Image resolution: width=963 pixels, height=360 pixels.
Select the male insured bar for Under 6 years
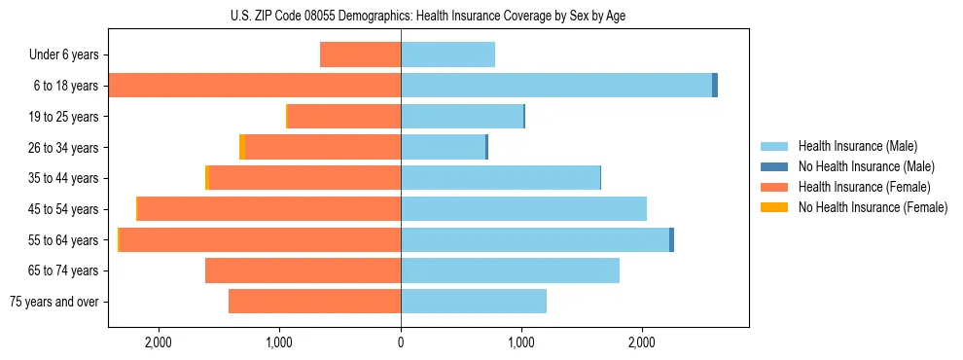(447, 54)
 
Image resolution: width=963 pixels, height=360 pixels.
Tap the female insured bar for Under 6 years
(360, 54)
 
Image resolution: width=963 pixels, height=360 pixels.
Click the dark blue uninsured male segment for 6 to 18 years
(715, 86)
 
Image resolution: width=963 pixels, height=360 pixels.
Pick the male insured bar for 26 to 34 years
(443, 147)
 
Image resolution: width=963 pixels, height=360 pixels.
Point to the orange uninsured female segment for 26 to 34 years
(242, 147)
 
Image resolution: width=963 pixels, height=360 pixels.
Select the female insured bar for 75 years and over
(314, 302)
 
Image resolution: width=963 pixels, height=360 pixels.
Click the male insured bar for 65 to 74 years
(510, 270)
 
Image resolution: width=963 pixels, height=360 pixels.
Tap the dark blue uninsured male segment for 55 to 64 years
(671, 239)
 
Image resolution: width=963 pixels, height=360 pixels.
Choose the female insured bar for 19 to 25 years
(344, 117)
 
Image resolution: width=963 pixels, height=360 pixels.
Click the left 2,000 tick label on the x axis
(158, 342)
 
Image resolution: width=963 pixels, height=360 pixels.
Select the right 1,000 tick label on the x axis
(521, 342)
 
